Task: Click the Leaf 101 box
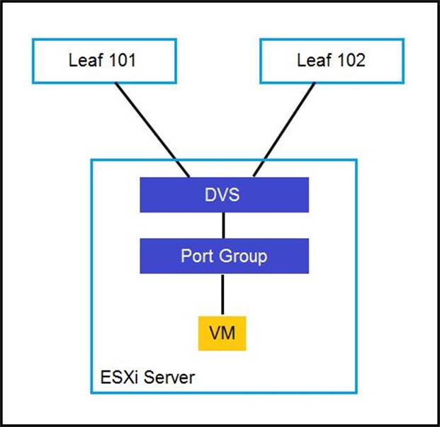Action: pos(104,61)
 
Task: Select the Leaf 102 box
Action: pos(332,61)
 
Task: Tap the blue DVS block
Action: pos(224,195)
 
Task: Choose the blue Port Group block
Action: pos(224,256)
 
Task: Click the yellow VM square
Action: pos(222,334)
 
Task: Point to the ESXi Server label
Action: pos(147,377)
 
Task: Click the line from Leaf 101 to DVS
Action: pos(152,130)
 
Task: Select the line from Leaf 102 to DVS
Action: pos(284,130)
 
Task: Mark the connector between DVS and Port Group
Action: pos(223,225)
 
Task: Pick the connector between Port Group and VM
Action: pos(222,295)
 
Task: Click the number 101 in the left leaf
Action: pos(122,60)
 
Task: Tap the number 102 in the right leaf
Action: pos(351,60)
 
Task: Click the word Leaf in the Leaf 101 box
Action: pos(86,60)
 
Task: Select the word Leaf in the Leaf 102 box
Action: pos(315,60)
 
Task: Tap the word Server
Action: pos(169,377)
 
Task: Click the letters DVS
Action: pos(222,195)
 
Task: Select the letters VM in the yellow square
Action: pos(222,333)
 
